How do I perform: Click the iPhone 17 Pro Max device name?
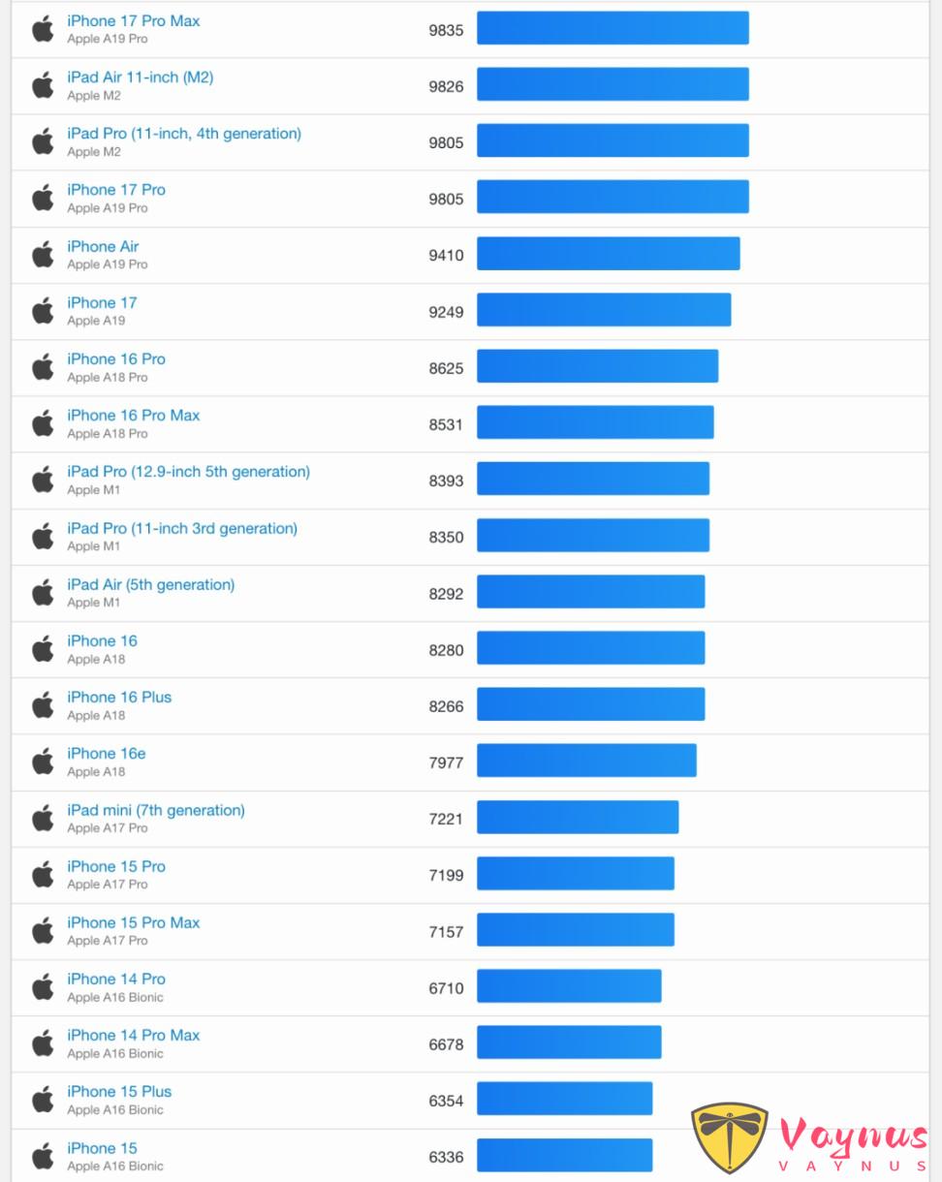click(x=133, y=21)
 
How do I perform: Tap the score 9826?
click(x=446, y=86)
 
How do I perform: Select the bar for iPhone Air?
click(x=608, y=254)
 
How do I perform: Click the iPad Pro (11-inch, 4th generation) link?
click(x=184, y=134)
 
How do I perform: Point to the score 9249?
click(x=446, y=312)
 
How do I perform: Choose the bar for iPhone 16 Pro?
click(x=597, y=366)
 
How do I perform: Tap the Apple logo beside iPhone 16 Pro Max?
click(x=43, y=423)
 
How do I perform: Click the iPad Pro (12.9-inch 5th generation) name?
click(x=188, y=472)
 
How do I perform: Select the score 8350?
click(x=446, y=537)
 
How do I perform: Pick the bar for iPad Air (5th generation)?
click(x=590, y=592)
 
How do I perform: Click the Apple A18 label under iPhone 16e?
click(x=96, y=772)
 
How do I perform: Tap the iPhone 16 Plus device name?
click(x=119, y=698)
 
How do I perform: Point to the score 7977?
click(x=446, y=762)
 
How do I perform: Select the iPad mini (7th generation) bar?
click(x=578, y=817)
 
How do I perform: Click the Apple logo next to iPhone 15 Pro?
click(x=43, y=875)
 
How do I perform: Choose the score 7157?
click(x=446, y=932)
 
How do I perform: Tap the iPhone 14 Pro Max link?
click(x=133, y=1036)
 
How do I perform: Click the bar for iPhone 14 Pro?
click(x=569, y=986)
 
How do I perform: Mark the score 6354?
click(x=446, y=1101)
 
